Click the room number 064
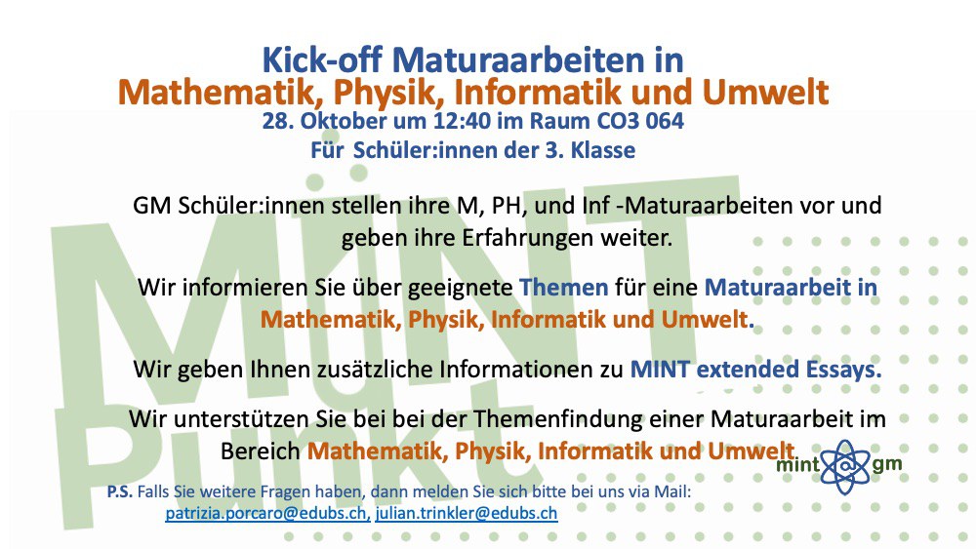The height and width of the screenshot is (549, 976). click(x=665, y=120)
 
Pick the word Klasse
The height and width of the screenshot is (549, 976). click(x=603, y=150)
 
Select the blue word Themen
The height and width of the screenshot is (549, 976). click(x=563, y=288)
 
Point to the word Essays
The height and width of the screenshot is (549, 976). click(x=843, y=370)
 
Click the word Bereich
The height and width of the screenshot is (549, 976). click(x=261, y=451)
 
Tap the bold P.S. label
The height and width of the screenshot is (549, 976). click(x=119, y=491)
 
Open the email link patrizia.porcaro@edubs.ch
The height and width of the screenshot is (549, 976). click(x=267, y=514)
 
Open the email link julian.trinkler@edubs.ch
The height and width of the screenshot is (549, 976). click(x=467, y=514)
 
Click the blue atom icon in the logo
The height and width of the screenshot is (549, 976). click(x=844, y=466)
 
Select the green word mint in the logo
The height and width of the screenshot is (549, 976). click(x=798, y=464)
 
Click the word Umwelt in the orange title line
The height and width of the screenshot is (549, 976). click(x=765, y=92)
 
